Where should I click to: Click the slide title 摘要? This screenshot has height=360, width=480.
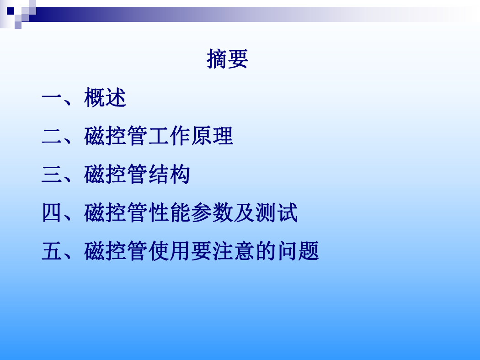(x=227, y=59)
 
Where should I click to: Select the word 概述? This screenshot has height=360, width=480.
(x=105, y=98)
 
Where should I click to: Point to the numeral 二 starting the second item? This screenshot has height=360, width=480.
(x=52, y=136)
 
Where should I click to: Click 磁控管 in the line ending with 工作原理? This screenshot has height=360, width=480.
(x=116, y=136)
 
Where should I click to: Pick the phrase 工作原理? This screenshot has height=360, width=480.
(x=191, y=136)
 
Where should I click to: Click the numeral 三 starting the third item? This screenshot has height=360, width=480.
(x=52, y=175)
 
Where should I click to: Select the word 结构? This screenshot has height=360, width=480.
(x=169, y=175)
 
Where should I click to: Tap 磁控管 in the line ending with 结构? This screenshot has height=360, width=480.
(x=116, y=175)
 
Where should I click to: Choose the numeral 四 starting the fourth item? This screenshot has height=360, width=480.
(x=52, y=212)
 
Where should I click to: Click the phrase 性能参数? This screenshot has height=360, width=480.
(x=191, y=212)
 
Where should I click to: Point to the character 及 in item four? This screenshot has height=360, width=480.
(x=244, y=212)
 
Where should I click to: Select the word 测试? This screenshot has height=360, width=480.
(x=277, y=212)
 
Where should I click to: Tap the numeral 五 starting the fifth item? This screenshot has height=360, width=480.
(x=52, y=251)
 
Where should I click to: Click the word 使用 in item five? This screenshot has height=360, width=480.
(x=169, y=251)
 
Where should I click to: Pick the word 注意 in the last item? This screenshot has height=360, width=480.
(x=234, y=251)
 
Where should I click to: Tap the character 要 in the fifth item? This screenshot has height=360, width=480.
(x=202, y=251)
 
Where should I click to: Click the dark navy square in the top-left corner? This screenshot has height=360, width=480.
(x=11, y=11)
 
